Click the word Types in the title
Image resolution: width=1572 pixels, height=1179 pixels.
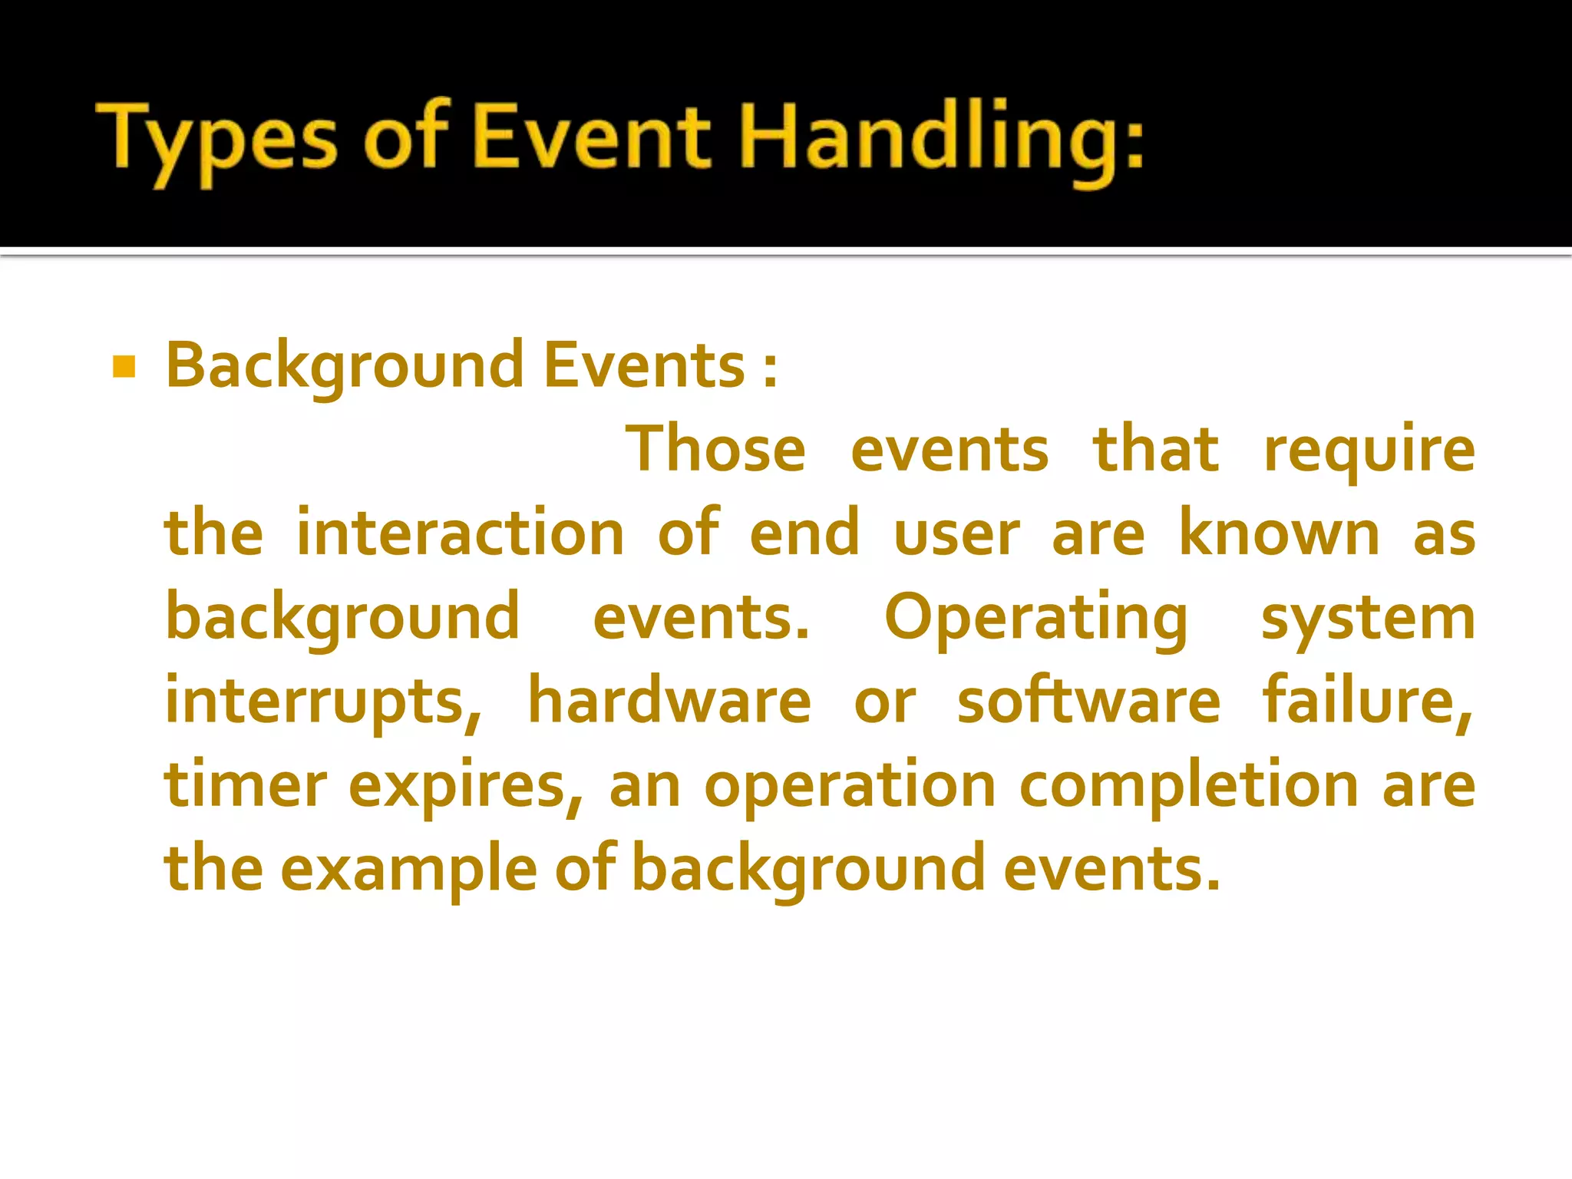point(216,142)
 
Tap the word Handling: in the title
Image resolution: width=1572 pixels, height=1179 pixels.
point(941,142)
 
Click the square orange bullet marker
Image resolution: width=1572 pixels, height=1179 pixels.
point(124,367)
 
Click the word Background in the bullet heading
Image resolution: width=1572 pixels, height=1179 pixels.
point(345,366)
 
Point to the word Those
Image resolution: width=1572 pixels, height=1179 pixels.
point(715,450)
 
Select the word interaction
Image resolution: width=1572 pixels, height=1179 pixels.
point(460,533)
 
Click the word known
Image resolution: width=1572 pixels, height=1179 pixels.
point(1279,533)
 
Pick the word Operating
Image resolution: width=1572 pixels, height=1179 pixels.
point(1035,619)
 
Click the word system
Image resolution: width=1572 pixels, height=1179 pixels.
point(1368,619)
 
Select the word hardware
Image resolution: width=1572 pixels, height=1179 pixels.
point(669,702)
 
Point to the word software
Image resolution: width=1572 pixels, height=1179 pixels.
point(1088,702)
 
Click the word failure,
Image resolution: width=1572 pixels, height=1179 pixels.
point(1368,702)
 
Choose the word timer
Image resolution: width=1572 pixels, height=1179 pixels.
point(246,785)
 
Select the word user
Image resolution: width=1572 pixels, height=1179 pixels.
point(956,535)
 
